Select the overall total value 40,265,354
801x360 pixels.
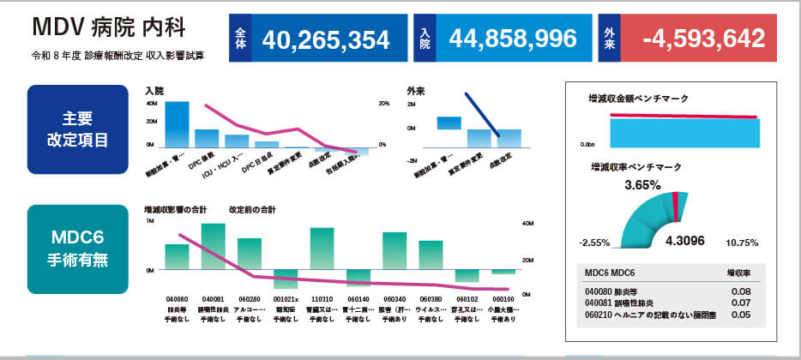pyautogui.click(x=325, y=39)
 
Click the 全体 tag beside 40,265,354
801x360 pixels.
pyautogui.click(x=240, y=39)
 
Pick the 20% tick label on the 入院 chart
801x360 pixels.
pyautogui.click(x=383, y=105)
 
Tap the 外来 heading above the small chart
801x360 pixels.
pyautogui.click(x=417, y=90)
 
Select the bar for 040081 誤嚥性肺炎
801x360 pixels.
pyautogui.click(x=213, y=246)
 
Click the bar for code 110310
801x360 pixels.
pyautogui.click(x=322, y=248)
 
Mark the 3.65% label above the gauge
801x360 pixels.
pyautogui.click(x=641, y=184)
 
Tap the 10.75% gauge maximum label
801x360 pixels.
pyautogui.click(x=742, y=243)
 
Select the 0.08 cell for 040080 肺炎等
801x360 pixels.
pyautogui.click(x=742, y=292)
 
